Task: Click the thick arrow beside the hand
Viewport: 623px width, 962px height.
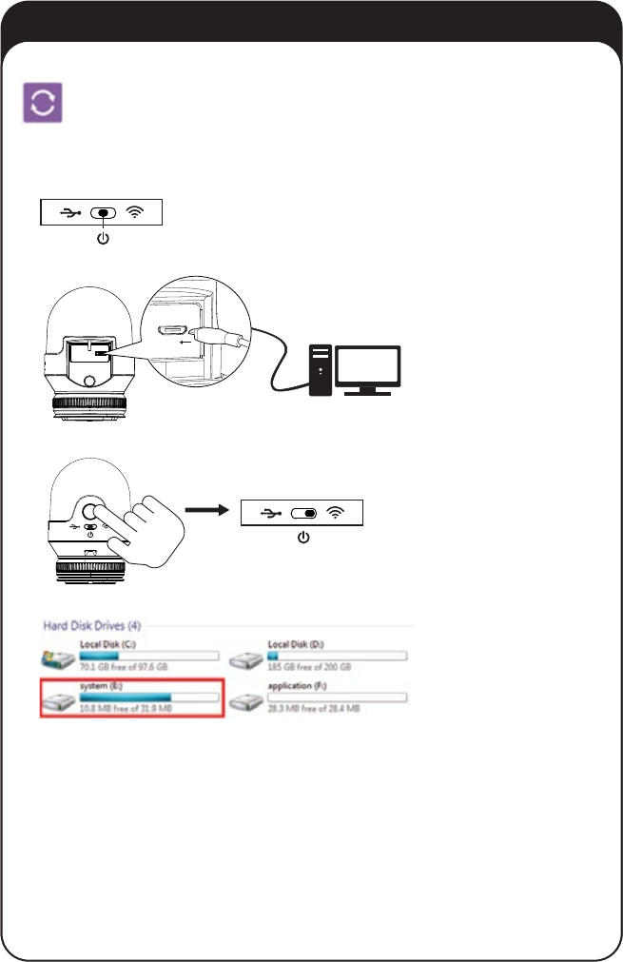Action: [x=209, y=510]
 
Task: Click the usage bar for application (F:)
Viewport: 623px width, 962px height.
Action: [x=338, y=697]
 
